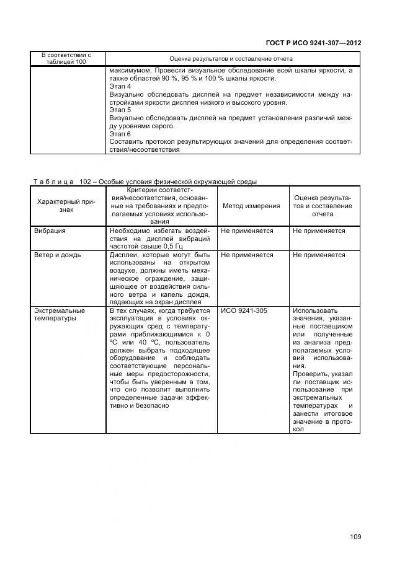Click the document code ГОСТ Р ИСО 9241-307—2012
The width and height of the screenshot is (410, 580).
click(x=314, y=43)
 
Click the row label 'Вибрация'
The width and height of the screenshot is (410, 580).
click(x=50, y=231)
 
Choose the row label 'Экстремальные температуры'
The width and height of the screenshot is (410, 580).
click(x=60, y=314)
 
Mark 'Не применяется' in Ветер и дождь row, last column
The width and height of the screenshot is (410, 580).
click(x=319, y=255)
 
